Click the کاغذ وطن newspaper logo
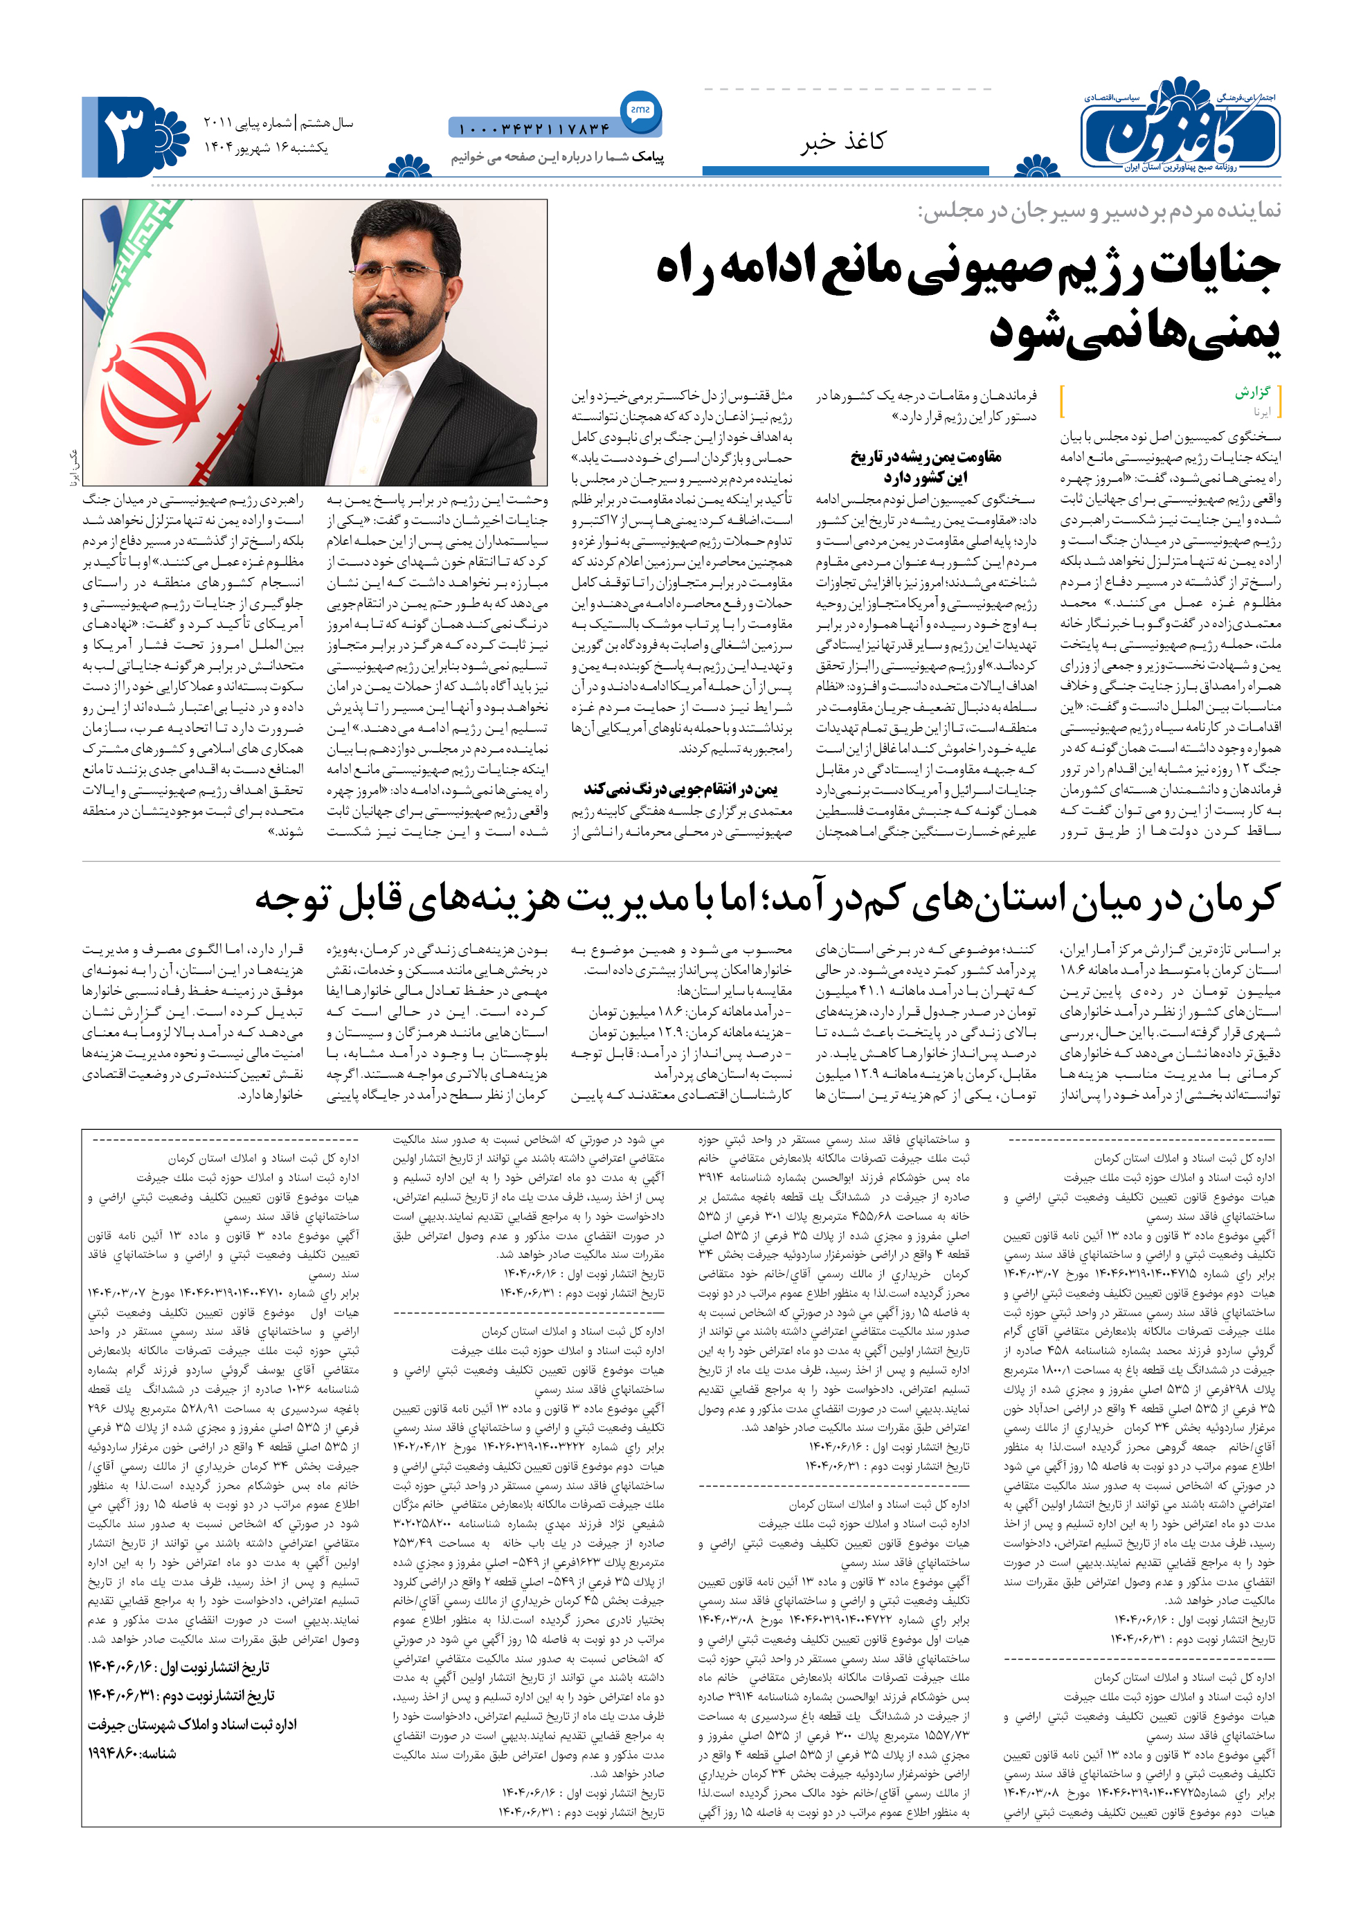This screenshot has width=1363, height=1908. click(x=1179, y=126)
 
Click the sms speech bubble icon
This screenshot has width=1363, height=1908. click(x=640, y=110)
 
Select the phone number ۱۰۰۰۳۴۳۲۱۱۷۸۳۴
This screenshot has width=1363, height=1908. click(x=534, y=129)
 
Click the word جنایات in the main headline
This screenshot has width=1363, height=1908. click(x=1214, y=268)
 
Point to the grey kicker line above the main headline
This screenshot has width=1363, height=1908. click(x=1099, y=210)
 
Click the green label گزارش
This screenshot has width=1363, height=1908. click(x=1252, y=392)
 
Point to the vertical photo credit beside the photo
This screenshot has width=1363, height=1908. click(x=72, y=467)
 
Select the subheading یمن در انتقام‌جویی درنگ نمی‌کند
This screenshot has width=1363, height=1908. click(x=680, y=789)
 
